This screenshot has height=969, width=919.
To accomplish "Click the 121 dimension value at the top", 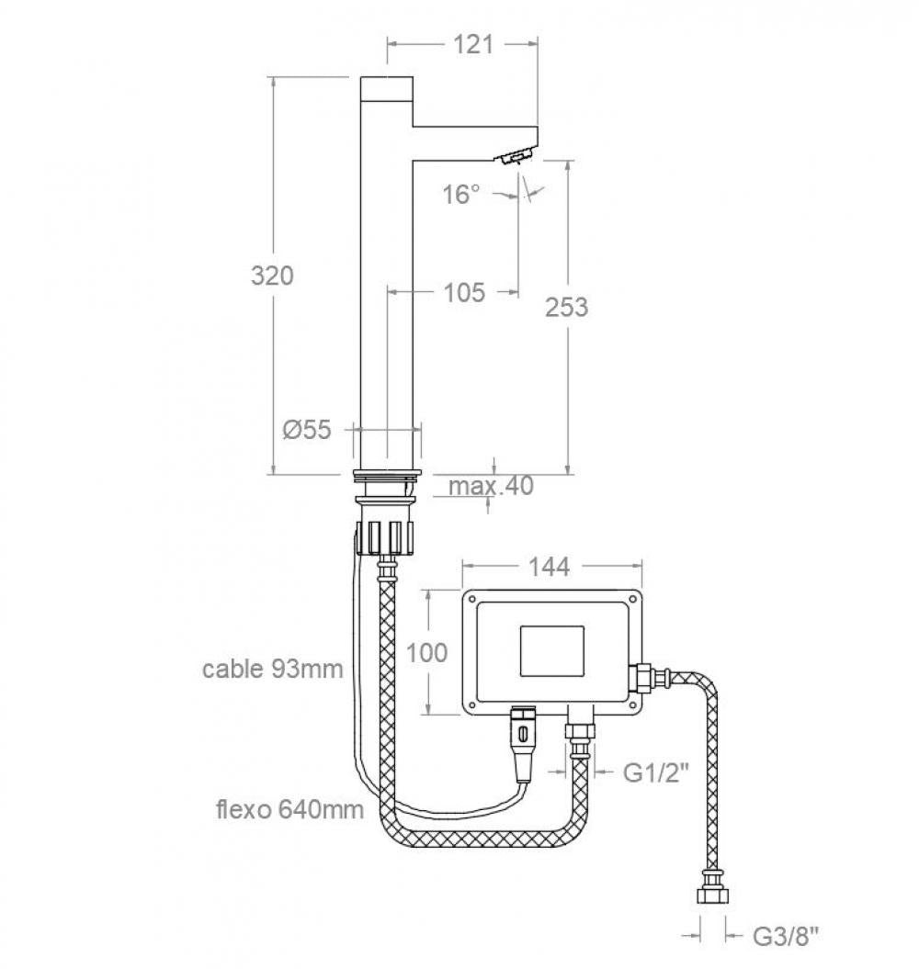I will click(473, 43).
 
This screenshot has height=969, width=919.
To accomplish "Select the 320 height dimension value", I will click(273, 275).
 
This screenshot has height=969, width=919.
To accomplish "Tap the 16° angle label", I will click(460, 194).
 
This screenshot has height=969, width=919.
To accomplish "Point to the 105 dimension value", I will click(464, 292).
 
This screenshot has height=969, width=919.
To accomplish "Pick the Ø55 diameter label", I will click(307, 429).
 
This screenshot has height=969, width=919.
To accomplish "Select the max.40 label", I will click(491, 485).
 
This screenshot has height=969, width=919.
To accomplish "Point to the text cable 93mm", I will click(273, 669).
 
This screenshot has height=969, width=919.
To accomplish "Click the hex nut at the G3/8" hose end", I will click(711, 896).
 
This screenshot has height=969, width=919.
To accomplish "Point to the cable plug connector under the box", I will click(523, 739).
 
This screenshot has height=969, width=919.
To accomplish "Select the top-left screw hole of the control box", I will click(472, 601).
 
